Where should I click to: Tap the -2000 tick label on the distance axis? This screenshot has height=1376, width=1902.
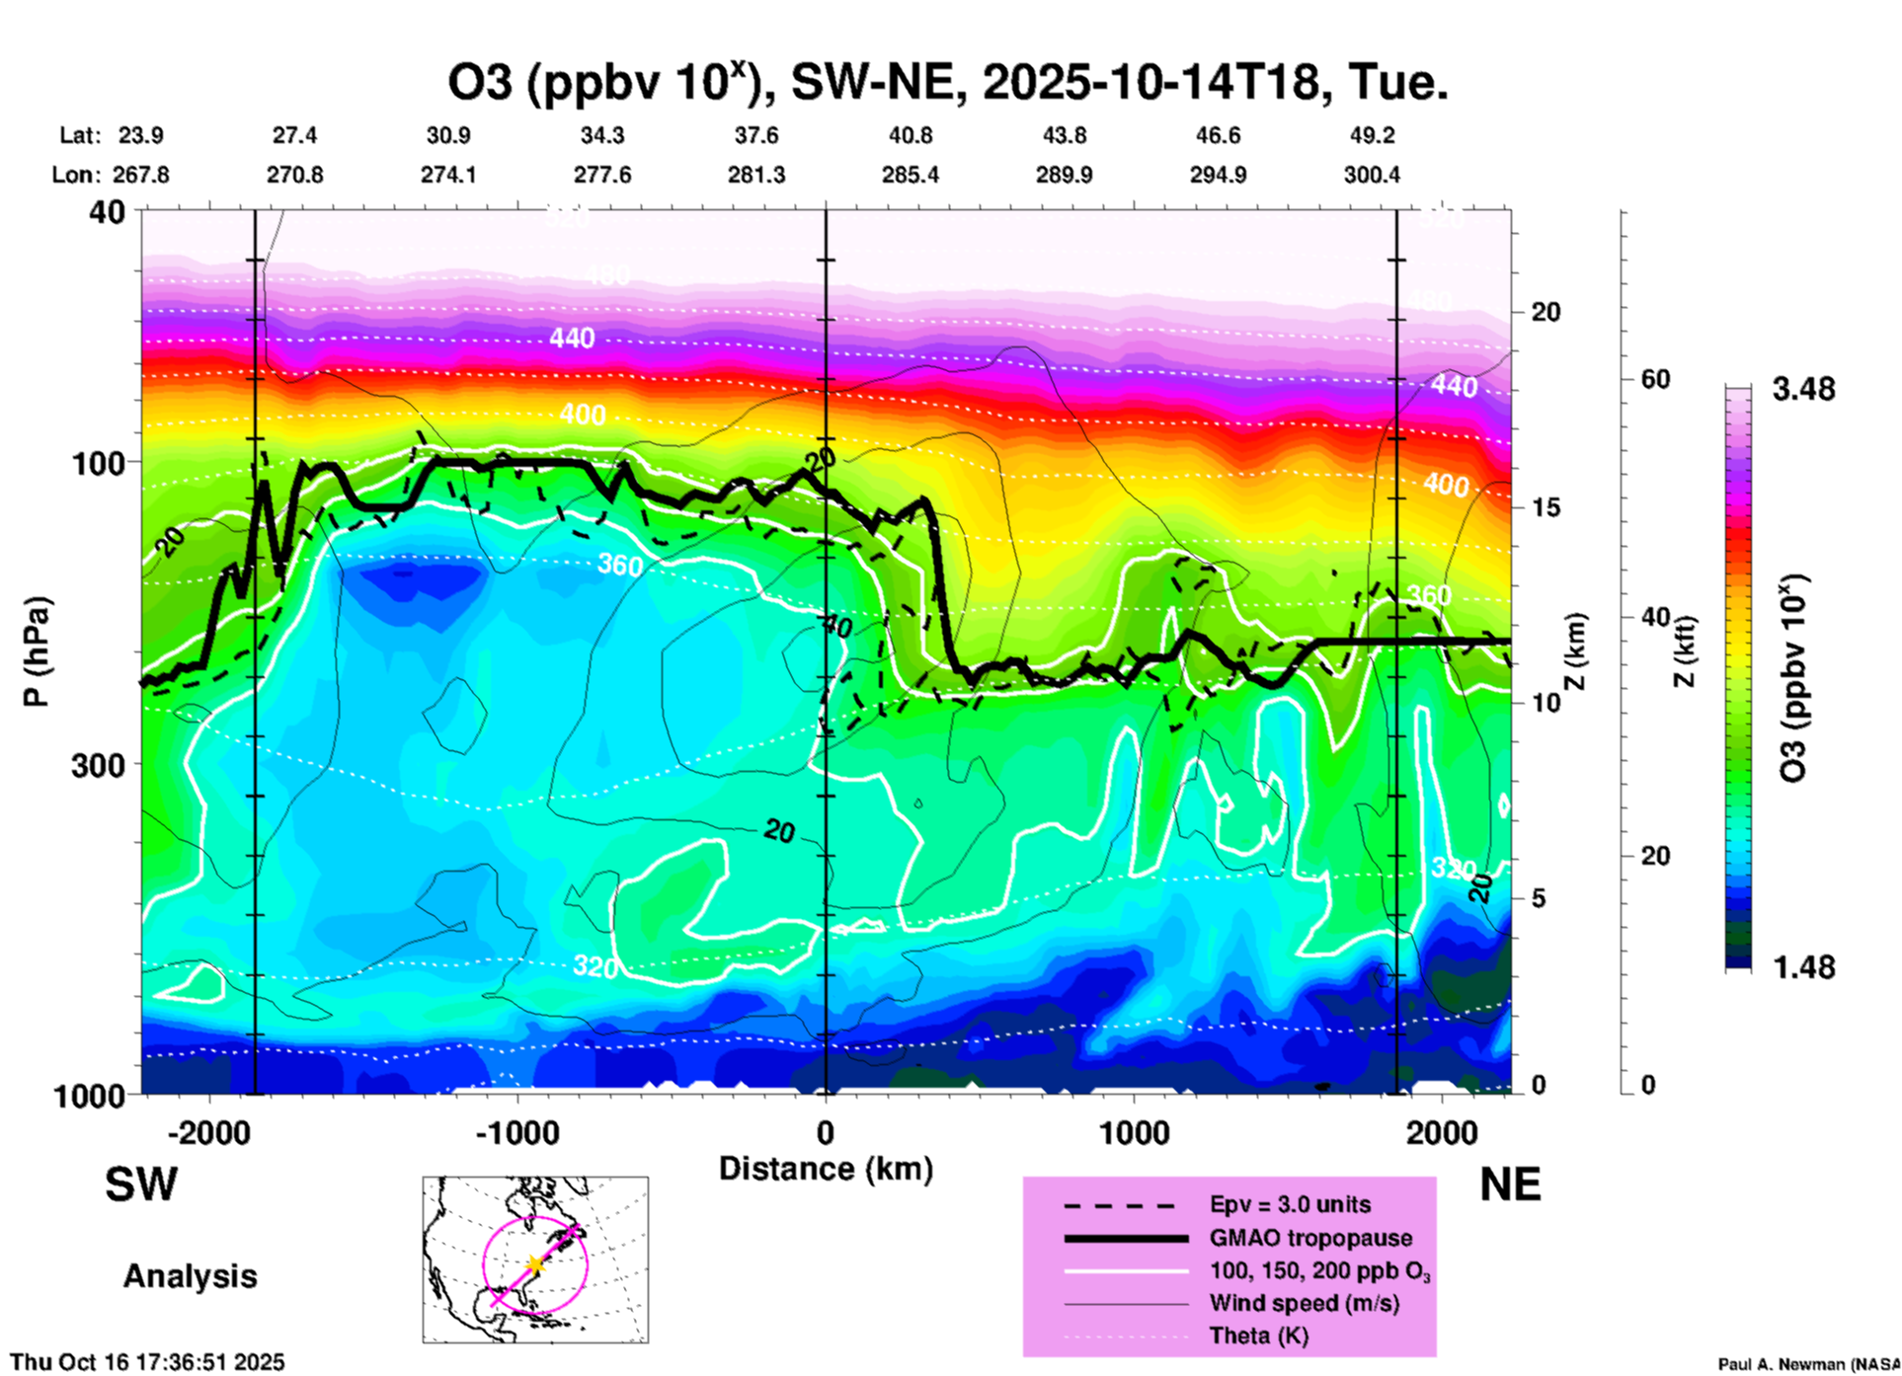click(x=208, y=1132)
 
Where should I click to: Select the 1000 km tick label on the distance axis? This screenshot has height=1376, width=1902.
click(x=1134, y=1132)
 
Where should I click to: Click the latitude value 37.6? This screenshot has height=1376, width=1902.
click(x=756, y=135)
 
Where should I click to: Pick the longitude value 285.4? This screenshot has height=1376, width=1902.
click(x=911, y=175)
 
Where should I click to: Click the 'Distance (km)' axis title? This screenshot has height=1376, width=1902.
click(x=826, y=1169)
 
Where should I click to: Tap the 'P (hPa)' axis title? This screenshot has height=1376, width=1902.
click(x=37, y=651)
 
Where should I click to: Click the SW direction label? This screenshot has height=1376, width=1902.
click(x=141, y=1185)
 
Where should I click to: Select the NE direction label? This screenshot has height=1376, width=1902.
click(x=1510, y=1185)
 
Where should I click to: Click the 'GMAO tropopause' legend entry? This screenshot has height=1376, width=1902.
click(x=1310, y=1238)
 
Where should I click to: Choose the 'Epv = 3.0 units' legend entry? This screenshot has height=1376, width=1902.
click(x=1290, y=1204)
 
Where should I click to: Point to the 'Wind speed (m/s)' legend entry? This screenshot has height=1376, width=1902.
click(x=1304, y=1304)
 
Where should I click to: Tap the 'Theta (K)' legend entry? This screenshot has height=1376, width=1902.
click(x=1258, y=1337)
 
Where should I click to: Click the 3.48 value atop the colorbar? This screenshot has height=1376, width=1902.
click(x=1803, y=390)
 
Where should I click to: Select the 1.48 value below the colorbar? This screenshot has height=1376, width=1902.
click(x=1803, y=967)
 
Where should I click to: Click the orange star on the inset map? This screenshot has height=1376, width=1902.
click(x=535, y=1264)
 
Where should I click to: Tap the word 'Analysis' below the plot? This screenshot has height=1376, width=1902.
click(x=190, y=1276)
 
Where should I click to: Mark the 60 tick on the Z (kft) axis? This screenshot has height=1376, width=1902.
click(x=1655, y=379)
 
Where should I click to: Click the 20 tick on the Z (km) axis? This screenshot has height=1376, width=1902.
click(x=1545, y=312)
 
